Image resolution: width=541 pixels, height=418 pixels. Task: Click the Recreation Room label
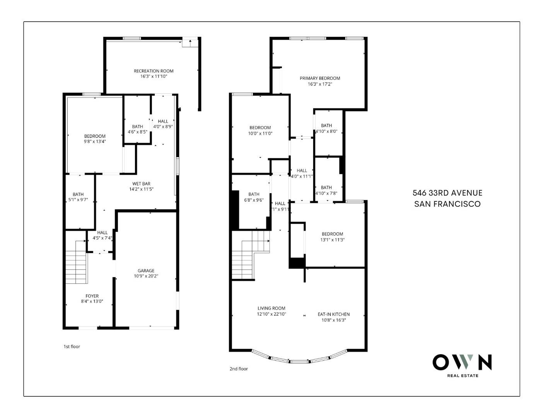pyautogui.click(x=154, y=71)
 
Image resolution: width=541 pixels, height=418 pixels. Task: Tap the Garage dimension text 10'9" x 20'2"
pyautogui.click(x=146, y=276)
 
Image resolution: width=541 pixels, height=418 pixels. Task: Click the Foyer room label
pyautogui.click(x=92, y=296)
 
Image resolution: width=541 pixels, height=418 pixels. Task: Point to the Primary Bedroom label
pyautogui.click(x=320, y=78)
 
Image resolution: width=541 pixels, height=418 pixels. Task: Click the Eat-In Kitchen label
pyautogui.click(x=333, y=314)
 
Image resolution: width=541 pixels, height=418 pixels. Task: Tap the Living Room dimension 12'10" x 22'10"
pyautogui.click(x=271, y=314)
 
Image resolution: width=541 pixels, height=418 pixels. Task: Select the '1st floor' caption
pyautogui.click(x=72, y=346)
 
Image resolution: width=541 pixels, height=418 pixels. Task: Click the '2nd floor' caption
pyautogui.click(x=239, y=369)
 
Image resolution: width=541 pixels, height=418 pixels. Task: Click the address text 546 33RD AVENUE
pyautogui.click(x=447, y=193)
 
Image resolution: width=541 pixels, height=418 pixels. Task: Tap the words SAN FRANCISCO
pyautogui.click(x=447, y=204)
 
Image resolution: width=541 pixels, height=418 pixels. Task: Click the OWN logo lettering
pyautogui.click(x=462, y=362)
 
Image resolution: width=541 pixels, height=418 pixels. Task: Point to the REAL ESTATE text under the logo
pyautogui.click(x=462, y=375)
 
